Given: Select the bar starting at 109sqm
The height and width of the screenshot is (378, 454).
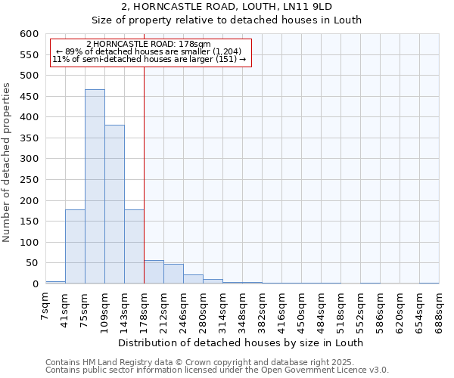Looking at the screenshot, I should tap(114, 204).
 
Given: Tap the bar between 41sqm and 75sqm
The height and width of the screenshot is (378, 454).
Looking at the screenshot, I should tap(75, 246).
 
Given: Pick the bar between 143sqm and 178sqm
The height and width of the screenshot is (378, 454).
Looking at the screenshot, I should tap(134, 246).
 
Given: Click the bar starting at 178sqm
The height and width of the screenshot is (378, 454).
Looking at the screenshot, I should tap(154, 272).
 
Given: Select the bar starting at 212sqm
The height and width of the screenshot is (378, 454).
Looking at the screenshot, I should tap(173, 274).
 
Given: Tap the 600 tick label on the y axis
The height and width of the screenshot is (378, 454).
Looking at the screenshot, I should tap(29, 34).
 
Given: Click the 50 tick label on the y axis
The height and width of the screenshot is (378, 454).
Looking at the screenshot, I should tap(31, 263).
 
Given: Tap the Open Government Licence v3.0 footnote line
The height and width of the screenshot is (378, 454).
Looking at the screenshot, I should tap(217, 370).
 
